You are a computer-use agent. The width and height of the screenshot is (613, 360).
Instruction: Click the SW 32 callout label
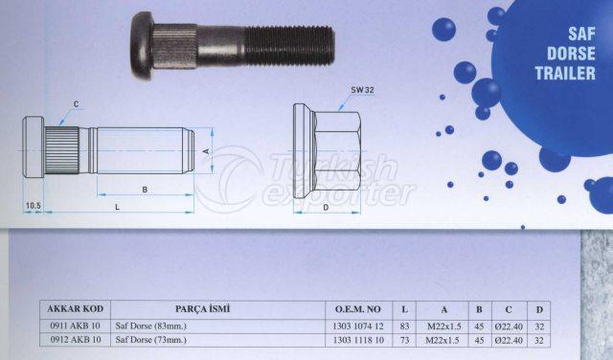tap(362, 90)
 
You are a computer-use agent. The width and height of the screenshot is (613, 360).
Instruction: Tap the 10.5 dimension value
tap(34, 205)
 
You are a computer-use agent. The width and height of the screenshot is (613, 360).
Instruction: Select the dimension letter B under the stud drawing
tap(145, 190)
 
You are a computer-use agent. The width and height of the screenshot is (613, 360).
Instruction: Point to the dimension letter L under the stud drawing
tap(117, 207)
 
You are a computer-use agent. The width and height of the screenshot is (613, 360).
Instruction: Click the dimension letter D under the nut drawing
tap(326, 208)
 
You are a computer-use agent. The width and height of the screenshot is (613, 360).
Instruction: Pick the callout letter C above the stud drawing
tap(76, 104)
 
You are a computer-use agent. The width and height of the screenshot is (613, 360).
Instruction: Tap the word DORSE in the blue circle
tap(571, 54)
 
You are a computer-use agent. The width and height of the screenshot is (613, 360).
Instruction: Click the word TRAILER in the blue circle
tap(565, 73)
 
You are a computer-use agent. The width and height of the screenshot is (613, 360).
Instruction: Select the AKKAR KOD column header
tap(75, 309)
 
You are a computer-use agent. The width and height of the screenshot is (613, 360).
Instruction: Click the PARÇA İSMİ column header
tap(202, 309)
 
